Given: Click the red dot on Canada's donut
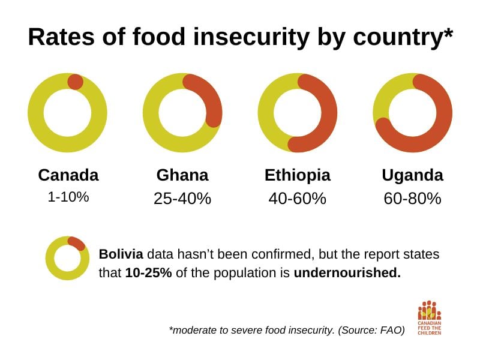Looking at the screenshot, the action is pos(76,82).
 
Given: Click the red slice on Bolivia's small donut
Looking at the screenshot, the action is pos(77,244).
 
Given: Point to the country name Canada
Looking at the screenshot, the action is pos(68,175).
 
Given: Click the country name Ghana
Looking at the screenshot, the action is pos(182,175).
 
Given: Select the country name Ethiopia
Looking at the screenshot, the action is pos(298,175).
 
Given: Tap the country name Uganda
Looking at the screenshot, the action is pos(413,175).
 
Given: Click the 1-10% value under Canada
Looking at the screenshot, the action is pos(68,197).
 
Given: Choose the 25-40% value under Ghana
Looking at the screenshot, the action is pos(182,199).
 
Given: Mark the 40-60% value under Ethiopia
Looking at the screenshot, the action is pos(298,199).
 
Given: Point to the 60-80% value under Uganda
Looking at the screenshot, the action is pos(413,199).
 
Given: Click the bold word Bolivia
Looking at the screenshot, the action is pos(121,254).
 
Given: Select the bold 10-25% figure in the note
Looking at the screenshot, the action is pos(148,272).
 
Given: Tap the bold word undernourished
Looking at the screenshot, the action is pos(347,272).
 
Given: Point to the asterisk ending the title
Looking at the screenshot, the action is pos(447,33).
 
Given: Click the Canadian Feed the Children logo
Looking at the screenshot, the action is pos(430,318).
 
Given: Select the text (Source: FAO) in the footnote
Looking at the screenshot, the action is pos(371,330).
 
